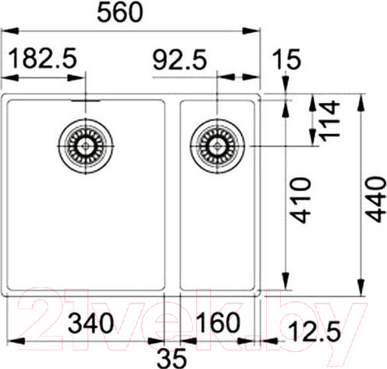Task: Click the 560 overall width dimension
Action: point(120,12)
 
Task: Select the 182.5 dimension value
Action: point(43,58)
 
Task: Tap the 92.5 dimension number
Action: point(179,60)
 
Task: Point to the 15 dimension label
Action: point(286,59)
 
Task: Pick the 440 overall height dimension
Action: point(375,200)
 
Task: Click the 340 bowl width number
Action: point(91,323)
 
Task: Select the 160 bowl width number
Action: point(218,322)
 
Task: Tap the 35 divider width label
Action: point(172,358)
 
